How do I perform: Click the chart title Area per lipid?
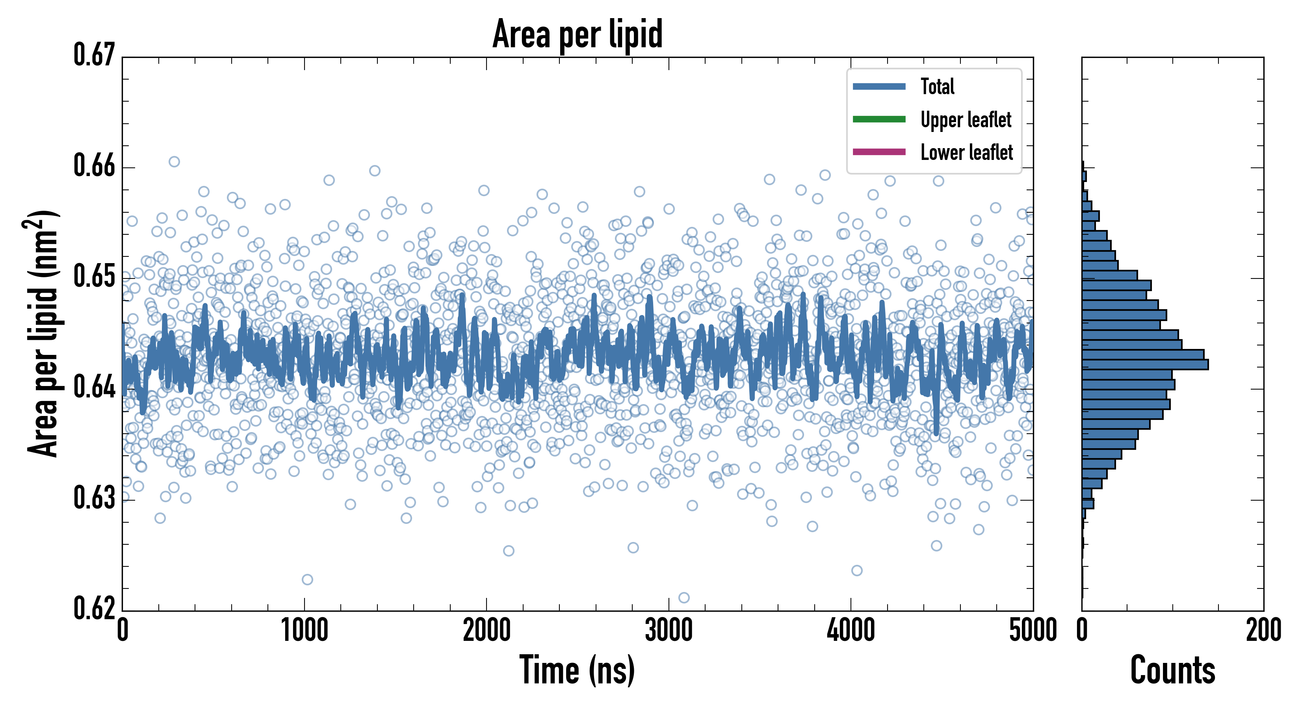point(578,34)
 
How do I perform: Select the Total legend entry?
point(937,87)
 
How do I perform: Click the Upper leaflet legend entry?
point(966,120)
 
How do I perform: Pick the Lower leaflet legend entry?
point(966,152)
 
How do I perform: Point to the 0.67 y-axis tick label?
point(95,55)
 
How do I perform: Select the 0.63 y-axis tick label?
point(95,498)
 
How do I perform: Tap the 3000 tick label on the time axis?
point(669,631)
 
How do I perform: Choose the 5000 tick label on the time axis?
point(1033,631)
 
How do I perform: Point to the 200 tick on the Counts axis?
point(1263,631)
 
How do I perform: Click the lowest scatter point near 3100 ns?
point(684,598)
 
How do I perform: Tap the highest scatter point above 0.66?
point(174,161)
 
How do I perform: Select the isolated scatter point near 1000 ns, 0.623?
point(307,579)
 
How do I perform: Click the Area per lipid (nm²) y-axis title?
point(43,333)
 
